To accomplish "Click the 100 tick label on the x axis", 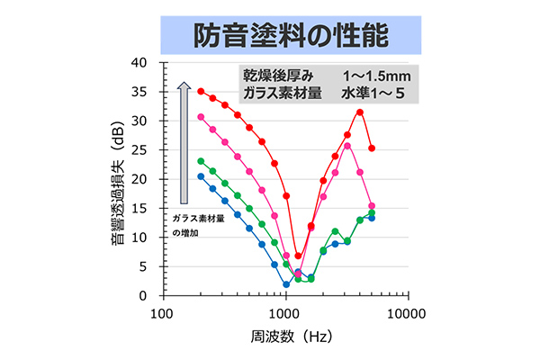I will coord(162,313).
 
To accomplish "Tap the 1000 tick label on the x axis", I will coord(285,313).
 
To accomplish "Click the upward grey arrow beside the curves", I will coord(183,144).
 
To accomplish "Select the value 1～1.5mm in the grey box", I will coord(369,76).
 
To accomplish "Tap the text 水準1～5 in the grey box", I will coord(369,94).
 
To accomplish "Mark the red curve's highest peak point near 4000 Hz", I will coord(360,112).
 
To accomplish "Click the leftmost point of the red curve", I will coord(201,91).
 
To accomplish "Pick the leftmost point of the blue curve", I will coord(201,176).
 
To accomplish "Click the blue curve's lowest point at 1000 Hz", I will coord(286,284).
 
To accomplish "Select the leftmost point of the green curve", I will coord(201,161).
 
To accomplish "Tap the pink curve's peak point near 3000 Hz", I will coord(347,146).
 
